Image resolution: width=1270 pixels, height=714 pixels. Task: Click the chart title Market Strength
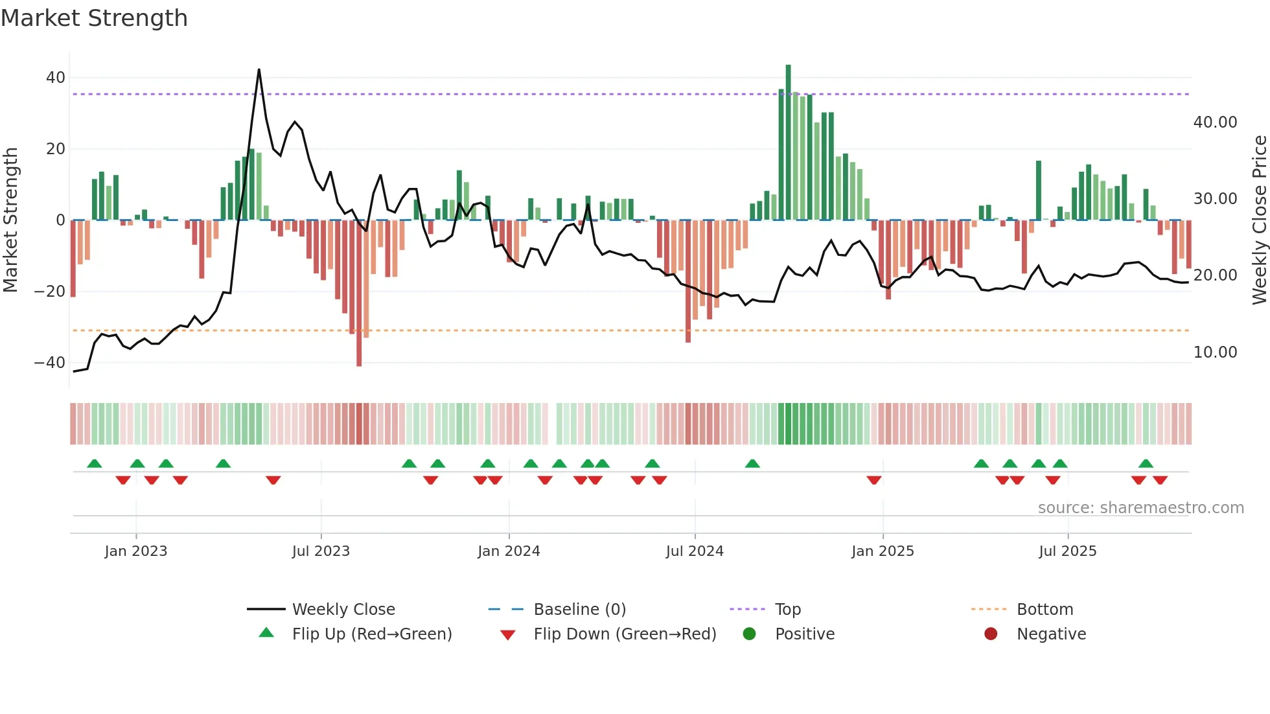[x=94, y=18]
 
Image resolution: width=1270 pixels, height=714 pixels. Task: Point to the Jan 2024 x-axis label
[x=509, y=551]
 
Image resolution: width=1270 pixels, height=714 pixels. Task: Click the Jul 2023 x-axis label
[x=321, y=551]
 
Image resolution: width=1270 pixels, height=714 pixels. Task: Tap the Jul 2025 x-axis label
[x=1067, y=551]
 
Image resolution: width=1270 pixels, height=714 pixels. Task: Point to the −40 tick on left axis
[x=50, y=363]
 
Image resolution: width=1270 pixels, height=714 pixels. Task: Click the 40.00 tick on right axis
[x=1215, y=122]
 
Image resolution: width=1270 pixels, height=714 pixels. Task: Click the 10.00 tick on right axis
[x=1215, y=352]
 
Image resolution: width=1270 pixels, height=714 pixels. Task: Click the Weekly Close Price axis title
[x=1259, y=220]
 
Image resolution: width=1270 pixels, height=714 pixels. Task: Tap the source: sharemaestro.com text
[x=1140, y=508]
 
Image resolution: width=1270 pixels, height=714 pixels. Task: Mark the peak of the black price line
[x=259, y=70]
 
